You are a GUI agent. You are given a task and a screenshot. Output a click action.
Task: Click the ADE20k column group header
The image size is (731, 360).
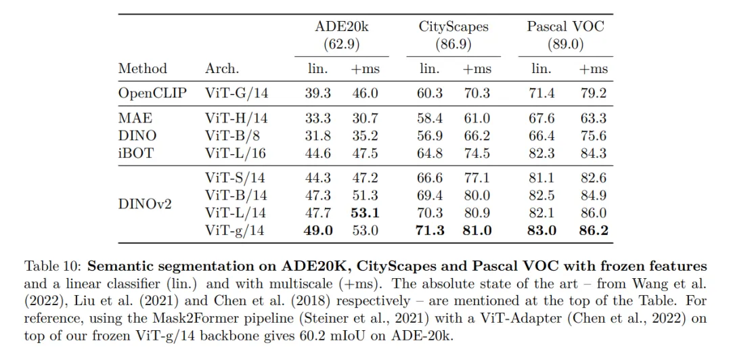(342, 27)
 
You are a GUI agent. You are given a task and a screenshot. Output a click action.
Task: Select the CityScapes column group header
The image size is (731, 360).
(453, 27)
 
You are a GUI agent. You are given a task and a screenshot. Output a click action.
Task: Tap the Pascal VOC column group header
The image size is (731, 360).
(565, 27)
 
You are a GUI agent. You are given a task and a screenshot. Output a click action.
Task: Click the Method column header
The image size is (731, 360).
(142, 68)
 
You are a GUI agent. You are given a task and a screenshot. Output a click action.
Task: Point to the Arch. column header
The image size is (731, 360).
(222, 68)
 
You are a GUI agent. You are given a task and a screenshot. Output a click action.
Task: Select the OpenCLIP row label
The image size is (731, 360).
(152, 93)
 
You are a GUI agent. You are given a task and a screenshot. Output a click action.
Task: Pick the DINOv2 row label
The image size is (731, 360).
(145, 204)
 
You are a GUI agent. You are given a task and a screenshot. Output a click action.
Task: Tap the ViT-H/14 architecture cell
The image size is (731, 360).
(236, 118)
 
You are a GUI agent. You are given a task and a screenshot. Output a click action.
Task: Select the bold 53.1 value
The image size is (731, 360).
(365, 213)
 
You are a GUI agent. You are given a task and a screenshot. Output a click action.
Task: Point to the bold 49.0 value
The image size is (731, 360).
(318, 231)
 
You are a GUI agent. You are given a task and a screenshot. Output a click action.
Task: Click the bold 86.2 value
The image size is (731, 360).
(594, 231)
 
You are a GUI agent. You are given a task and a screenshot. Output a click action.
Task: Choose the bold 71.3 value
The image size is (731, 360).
(430, 231)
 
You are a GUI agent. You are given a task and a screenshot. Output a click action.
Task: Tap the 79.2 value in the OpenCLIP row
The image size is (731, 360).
(594, 93)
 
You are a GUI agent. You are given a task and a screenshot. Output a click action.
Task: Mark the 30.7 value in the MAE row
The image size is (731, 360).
(365, 118)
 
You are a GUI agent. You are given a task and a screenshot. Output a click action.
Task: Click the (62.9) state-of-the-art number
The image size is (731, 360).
(342, 45)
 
